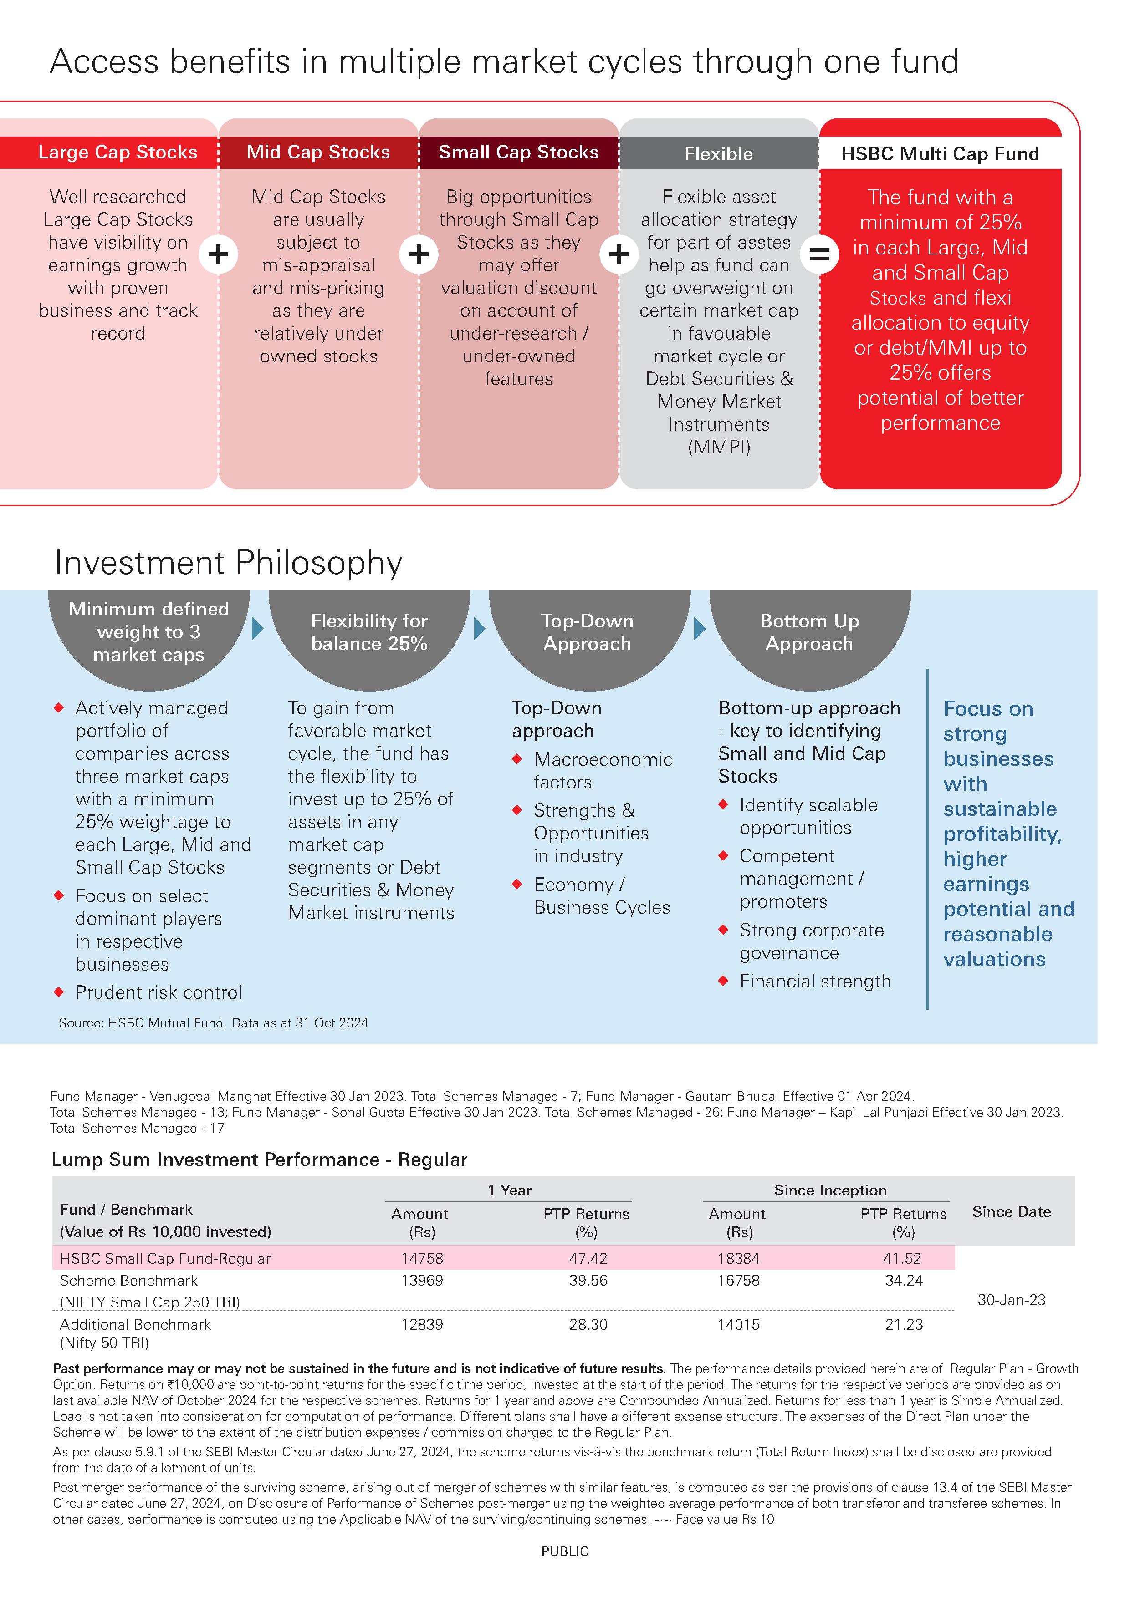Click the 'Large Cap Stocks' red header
[x=117, y=153]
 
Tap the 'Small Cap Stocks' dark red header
[x=518, y=153]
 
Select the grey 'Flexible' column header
[x=718, y=154]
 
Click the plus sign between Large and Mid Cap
[x=219, y=254]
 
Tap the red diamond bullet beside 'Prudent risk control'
[x=59, y=992]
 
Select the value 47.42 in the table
[x=588, y=1258]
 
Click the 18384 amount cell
[x=738, y=1258]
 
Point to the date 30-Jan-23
[x=1011, y=1300]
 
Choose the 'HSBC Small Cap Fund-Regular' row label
[x=165, y=1258]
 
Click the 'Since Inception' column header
[x=830, y=1190]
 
